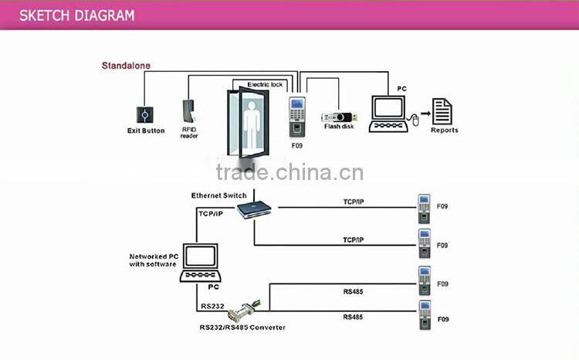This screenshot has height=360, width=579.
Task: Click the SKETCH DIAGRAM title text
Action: click(76, 15)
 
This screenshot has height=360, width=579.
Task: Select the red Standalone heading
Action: click(126, 66)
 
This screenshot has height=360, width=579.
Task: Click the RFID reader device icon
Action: click(190, 111)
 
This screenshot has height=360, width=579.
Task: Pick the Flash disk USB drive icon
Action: click(338, 113)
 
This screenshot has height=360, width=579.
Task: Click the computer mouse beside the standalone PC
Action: click(412, 118)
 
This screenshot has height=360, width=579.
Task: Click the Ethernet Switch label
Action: click(218, 195)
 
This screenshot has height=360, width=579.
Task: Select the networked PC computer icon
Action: click(199, 263)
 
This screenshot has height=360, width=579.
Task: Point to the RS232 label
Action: click(212, 306)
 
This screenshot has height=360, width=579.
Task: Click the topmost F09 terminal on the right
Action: click(423, 206)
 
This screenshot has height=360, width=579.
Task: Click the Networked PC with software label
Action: click(154, 260)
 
